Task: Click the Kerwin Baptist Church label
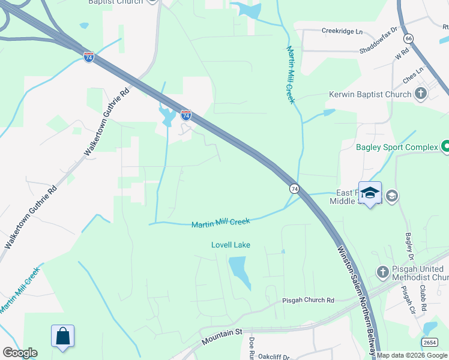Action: click(370, 95)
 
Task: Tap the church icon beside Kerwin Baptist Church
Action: click(421, 94)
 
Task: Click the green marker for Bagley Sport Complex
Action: click(445, 146)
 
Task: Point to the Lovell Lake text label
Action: click(231, 245)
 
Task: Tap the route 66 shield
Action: click(409, 38)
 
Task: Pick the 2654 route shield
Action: click(429, 342)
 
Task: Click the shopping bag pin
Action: click(63, 337)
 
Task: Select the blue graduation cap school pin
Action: click(370, 193)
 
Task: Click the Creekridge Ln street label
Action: click(342, 30)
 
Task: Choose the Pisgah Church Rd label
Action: click(309, 300)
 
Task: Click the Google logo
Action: click(20, 353)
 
